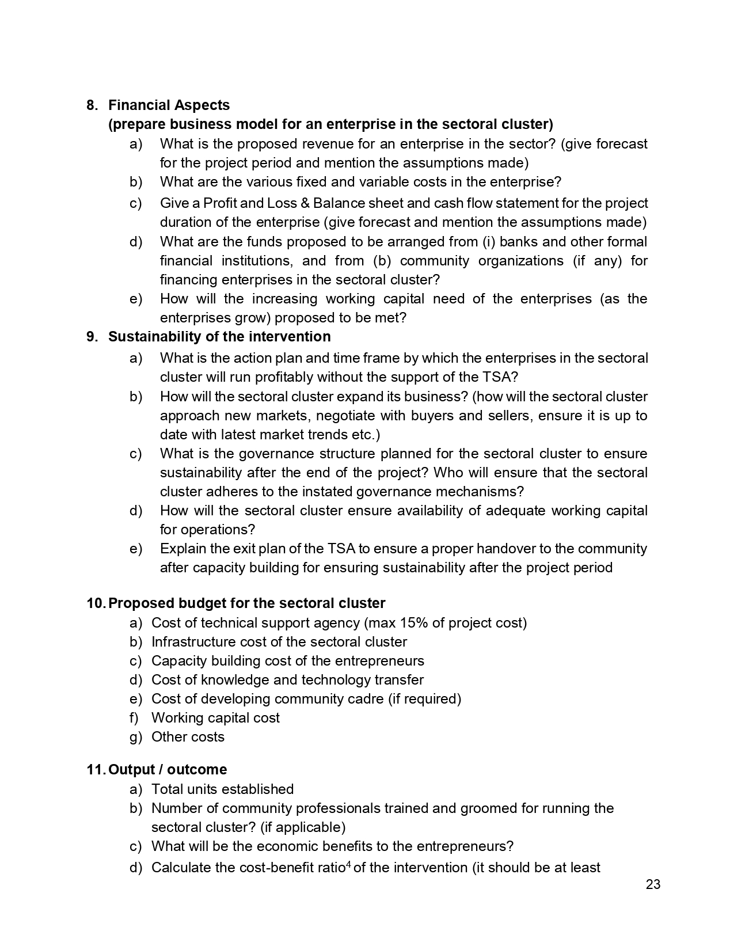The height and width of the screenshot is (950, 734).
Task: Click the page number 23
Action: click(653, 885)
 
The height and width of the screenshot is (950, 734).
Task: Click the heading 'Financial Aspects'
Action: click(169, 105)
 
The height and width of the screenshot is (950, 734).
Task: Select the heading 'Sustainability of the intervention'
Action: click(219, 337)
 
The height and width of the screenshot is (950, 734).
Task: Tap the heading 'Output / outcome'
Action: click(168, 770)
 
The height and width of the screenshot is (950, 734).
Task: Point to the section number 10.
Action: click(95, 603)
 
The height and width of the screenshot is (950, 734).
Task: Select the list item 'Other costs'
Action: click(188, 737)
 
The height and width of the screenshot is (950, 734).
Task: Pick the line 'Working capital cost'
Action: click(215, 718)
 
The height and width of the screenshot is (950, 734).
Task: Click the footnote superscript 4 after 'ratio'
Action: click(348, 864)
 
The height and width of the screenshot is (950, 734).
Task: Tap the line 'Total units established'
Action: click(222, 789)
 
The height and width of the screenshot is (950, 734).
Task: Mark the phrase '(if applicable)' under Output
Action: click(303, 827)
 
